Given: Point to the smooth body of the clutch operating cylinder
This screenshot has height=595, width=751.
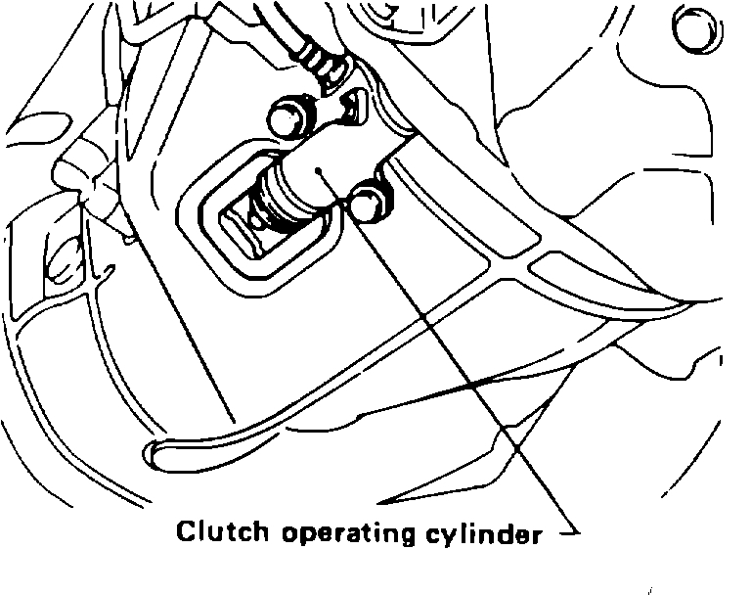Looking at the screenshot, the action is click(x=337, y=166).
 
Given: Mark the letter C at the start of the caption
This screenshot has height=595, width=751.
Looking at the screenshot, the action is click(x=185, y=532).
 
